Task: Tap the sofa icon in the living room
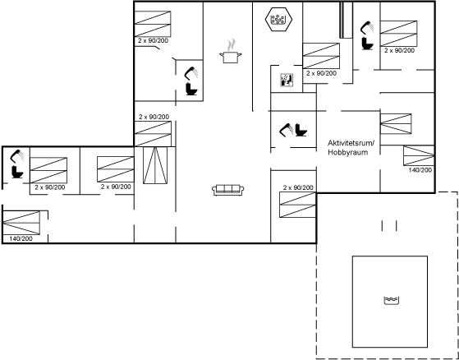pyautogui.click(x=228, y=190)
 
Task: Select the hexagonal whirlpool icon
pyautogui.click(x=278, y=20)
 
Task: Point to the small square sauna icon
pyautogui.click(x=287, y=80)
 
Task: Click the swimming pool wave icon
pyautogui.click(x=392, y=301)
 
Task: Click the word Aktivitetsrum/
pyautogui.click(x=351, y=143)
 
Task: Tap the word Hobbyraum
pyautogui.click(x=348, y=152)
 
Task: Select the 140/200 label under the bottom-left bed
pyautogui.click(x=21, y=238)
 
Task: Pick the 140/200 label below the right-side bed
pyautogui.click(x=420, y=170)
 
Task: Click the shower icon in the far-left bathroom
pyautogui.click(x=16, y=155)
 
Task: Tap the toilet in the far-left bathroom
pyautogui.click(x=17, y=172)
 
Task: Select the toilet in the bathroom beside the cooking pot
pyautogui.click(x=192, y=89)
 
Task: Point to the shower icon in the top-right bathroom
pyautogui.click(x=367, y=28)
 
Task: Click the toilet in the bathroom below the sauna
pyautogui.click(x=301, y=130)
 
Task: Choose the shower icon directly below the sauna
pyautogui.click(x=287, y=130)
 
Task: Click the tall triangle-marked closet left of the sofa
pyautogui.click(x=155, y=165)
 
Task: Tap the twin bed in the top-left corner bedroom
pyautogui.click(x=153, y=24)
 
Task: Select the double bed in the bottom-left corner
pyautogui.click(x=21, y=223)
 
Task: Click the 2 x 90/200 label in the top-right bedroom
pyautogui.click(x=399, y=50)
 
